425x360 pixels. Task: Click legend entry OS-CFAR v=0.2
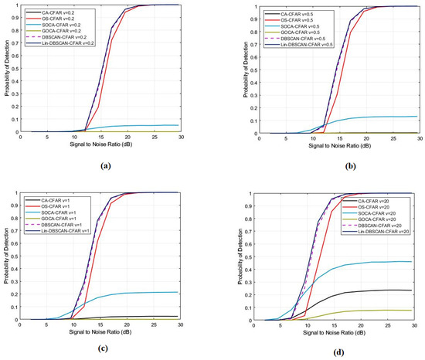click(65, 19)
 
